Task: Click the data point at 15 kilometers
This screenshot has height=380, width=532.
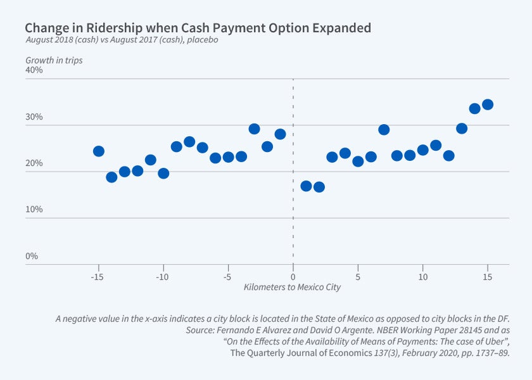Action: [488, 104]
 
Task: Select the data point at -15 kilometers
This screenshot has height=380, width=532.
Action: [98, 151]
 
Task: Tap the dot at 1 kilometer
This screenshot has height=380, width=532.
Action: [306, 186]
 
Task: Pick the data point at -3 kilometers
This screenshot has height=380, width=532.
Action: [254, 129]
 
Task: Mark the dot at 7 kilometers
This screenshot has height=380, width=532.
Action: [384, 130]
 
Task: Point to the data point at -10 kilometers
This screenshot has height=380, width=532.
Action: [163, 173]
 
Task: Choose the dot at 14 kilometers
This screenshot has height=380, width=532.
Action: [474, 108]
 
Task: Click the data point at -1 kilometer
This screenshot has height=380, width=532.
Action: [280, 134]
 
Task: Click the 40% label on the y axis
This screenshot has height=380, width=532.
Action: [34, 70]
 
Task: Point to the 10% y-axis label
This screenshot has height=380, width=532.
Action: [34, 210]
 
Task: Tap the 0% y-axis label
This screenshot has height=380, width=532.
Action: [32, 256]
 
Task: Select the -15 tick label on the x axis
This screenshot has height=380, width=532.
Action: [97, 277]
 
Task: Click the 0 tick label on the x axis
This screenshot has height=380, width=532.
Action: [293, 277]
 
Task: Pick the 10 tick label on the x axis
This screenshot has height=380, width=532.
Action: [422, 277]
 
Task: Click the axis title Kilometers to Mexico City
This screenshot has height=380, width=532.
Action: [292, 287]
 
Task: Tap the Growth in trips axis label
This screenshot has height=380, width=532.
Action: [54, 61]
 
